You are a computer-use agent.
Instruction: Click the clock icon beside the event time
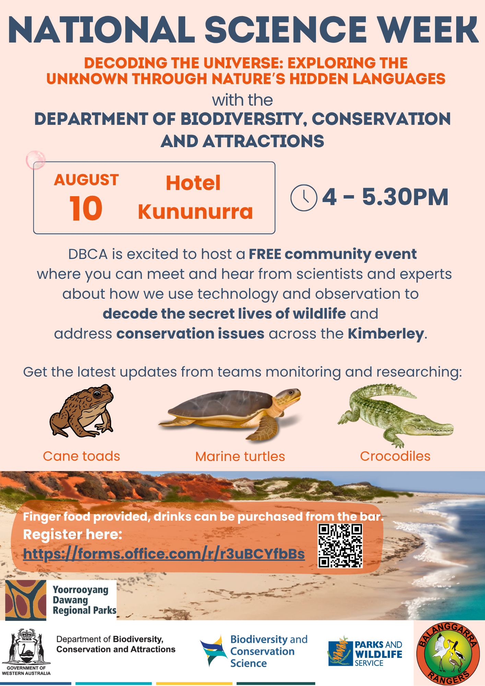point(304,198)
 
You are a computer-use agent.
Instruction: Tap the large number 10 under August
point(86,209)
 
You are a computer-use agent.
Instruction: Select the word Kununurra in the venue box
point(195,212)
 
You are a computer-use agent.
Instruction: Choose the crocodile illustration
point(395,415)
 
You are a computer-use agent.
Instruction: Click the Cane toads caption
point(82,456)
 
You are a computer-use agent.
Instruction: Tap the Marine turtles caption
point(240,457)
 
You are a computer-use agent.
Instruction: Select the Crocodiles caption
point(395,456)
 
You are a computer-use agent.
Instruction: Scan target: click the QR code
point(340,546)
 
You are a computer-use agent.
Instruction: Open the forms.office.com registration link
point(164,554)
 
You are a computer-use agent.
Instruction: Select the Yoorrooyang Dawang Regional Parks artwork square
point(26,600)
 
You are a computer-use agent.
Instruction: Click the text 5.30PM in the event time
point(405,197)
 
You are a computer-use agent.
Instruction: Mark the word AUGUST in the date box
point(86,180)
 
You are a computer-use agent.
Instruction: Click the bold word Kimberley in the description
point(386,334)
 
